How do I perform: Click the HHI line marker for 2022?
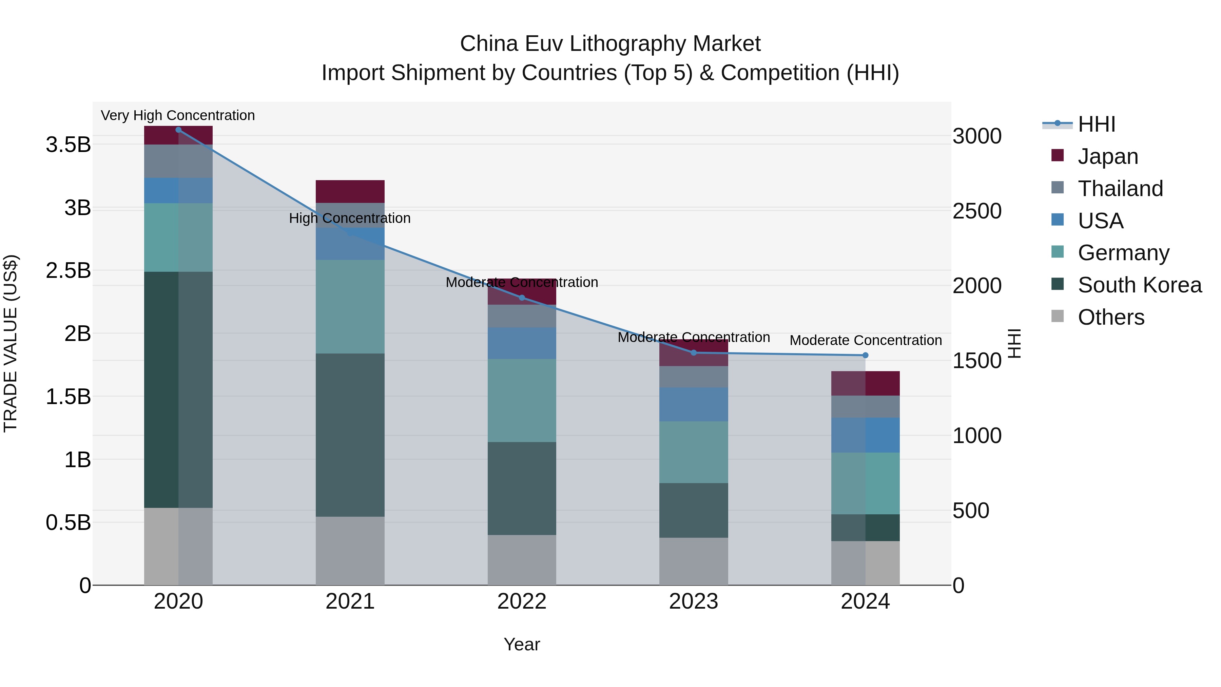coord(522,298)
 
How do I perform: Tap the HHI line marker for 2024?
coord(865,355)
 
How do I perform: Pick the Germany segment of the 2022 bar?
coord(522,400)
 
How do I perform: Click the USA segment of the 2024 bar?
coord(865,435)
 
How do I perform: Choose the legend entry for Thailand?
coord(1120,188)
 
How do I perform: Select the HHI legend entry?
coord(1096,124)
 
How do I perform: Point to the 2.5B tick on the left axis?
coord(68,271)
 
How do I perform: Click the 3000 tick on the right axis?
coord(977,136)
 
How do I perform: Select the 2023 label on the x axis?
coord(694,602)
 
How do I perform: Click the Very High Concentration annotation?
coord(178,115)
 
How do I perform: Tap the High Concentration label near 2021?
coord(350,218)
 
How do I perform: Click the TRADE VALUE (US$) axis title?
coord(11,343)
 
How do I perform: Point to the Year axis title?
coord(522,644)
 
